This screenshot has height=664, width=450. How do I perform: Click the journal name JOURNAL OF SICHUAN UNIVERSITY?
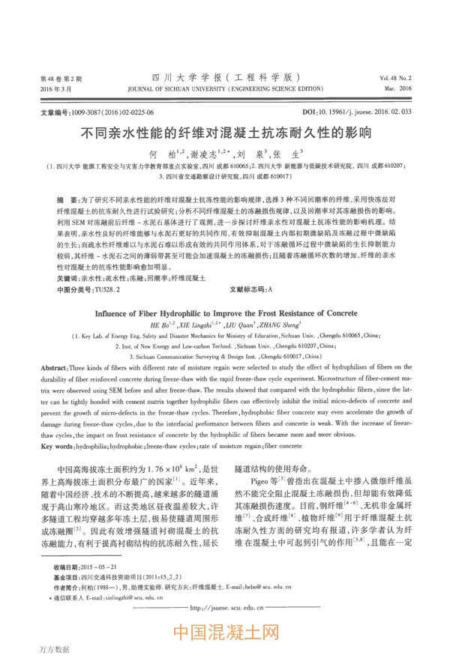point(225,88)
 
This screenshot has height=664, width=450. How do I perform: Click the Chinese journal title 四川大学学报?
point(225,77)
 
